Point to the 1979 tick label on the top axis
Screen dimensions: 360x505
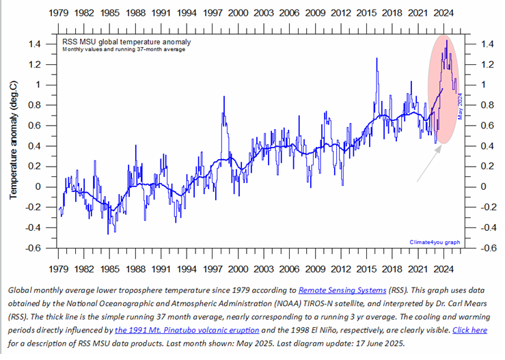coord(58,12)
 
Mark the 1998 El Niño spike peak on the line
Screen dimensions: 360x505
coord(223,97)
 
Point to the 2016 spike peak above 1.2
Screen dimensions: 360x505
coord(377,59)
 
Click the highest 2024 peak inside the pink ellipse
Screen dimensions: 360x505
coord(446,41)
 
